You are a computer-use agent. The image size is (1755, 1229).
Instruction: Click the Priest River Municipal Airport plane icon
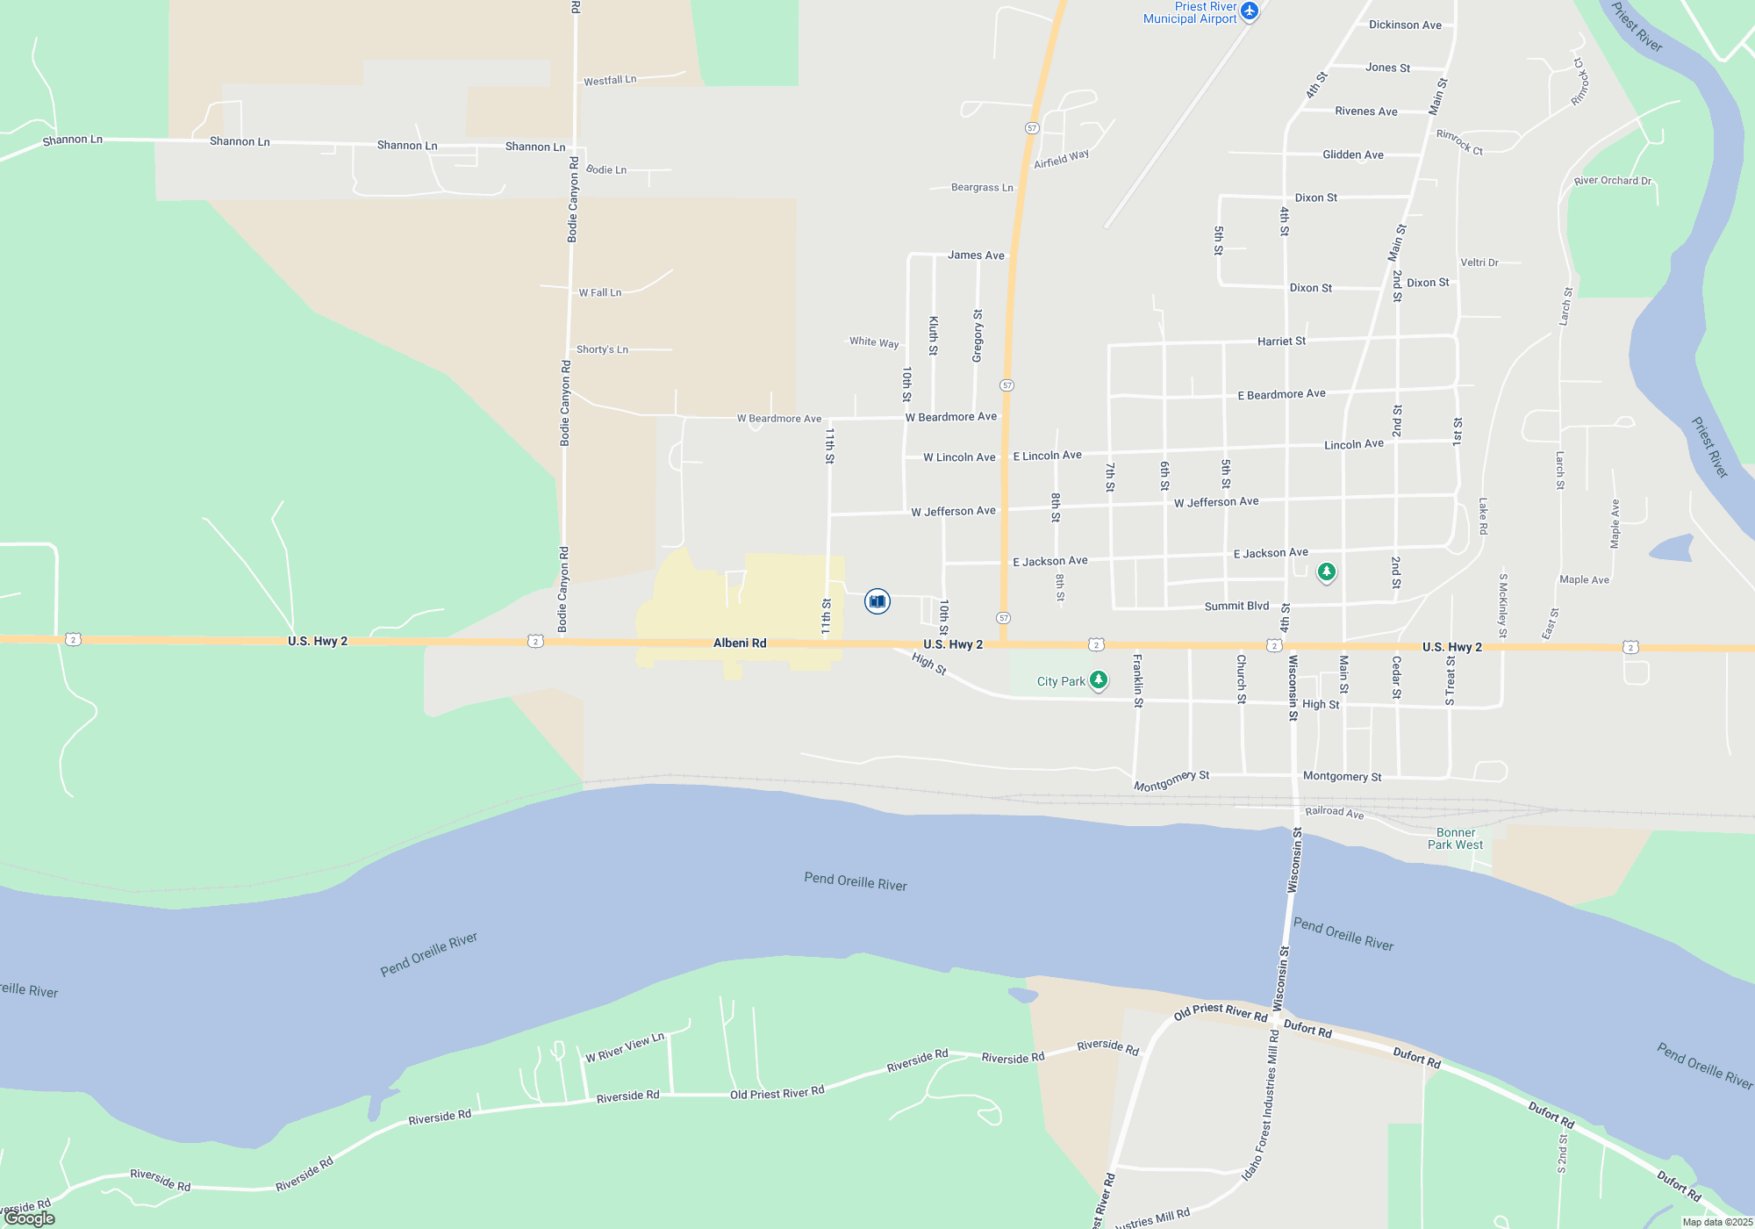(x=1250, y=11)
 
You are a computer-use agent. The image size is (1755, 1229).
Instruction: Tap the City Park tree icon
(x=1098, y=680)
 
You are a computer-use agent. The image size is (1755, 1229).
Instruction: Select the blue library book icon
(x=877, y=601)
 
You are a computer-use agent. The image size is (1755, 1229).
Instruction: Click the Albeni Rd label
(x=740, y=643)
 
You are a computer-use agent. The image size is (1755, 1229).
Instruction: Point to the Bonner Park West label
(x=1455, y=839)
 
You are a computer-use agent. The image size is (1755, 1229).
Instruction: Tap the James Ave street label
(x=976, y=255)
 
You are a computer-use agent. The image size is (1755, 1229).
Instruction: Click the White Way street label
(x=874, y=342)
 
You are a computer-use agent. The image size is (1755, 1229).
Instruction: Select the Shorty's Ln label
(x=602, y=349)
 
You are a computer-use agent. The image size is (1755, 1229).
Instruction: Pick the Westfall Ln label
(x=610, y=81)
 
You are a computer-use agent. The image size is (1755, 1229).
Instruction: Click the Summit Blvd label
(x=1236, y=606)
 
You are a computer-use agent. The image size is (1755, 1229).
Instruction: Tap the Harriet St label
(x=1281, y=341)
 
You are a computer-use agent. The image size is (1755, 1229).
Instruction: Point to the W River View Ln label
(x=625, y=1047)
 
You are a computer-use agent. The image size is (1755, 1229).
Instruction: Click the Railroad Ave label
(x=1334, y=812)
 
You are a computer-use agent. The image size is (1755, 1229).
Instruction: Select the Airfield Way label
(x=1061, y=159)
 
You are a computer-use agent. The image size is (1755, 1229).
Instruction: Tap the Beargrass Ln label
(x=982, y=188)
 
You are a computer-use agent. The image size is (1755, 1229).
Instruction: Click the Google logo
(x=30, y=1218)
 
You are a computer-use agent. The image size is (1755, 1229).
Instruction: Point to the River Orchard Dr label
(x=1612, y=181)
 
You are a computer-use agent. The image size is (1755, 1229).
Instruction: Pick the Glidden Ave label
(x=1352, y=155)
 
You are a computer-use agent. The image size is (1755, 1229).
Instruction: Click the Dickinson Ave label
(x=1405, y=25)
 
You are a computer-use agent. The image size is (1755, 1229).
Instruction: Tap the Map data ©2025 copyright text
(x=1716, y=1222)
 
